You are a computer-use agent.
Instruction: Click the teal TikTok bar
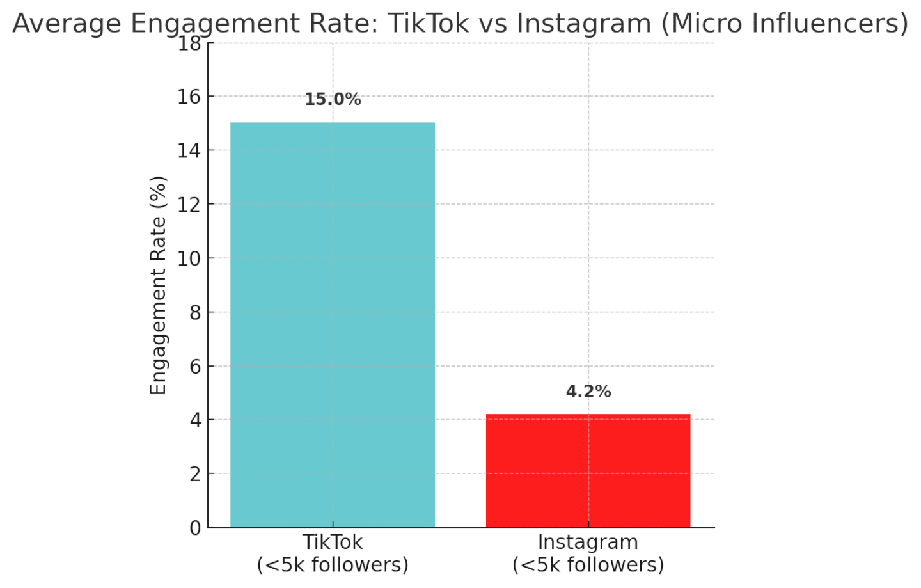coord(332,324)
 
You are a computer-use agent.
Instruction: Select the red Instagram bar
coord(588,470)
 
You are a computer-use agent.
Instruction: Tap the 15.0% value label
coord(333,100)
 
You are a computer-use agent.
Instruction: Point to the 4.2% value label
coord(588,392)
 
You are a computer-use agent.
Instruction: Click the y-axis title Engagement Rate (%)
coord(158,285)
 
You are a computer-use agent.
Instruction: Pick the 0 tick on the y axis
coord(195,528)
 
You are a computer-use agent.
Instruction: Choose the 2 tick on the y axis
coord(195,474)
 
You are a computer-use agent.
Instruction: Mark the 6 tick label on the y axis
coord(195,367)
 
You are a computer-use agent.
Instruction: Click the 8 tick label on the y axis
coord(195,313)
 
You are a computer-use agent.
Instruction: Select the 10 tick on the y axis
coord(189,258)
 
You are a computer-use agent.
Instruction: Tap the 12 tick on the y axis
coord(189,205)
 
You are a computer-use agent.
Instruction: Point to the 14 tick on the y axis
coord(189,151)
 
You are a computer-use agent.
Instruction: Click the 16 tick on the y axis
coord(189,97)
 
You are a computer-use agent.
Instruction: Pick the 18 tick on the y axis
coord(189,44)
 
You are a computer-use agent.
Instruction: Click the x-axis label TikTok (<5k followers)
coord(333,553)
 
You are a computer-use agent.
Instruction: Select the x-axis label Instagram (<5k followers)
coord(588,553)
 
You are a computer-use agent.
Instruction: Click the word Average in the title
coord(67,24)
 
